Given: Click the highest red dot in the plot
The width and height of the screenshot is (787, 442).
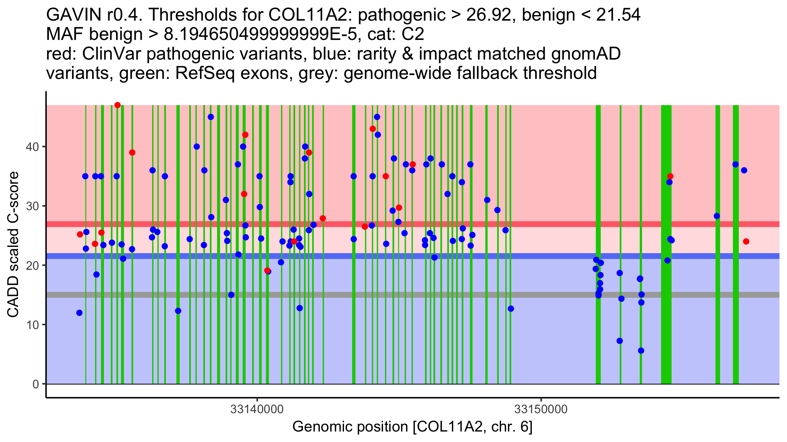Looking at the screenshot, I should [117, 105].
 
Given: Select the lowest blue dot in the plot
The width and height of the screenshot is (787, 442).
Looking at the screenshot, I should [641, 351].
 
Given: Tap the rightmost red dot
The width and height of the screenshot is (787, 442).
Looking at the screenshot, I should [746, 242].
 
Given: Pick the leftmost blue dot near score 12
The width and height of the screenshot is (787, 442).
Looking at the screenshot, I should [79, 313].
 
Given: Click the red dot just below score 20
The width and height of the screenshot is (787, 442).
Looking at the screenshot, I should [267, 270].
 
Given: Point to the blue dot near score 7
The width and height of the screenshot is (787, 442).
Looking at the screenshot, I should [619, 341].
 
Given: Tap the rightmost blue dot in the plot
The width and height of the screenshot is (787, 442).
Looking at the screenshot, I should [744, 170].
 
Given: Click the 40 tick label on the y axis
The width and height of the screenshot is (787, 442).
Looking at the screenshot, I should [32, 147].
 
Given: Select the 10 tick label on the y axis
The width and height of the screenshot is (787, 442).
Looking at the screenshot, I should [32, 325].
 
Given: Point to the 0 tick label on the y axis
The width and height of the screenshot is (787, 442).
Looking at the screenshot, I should [35, 384].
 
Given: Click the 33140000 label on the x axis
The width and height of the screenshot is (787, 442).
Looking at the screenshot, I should [257, 409].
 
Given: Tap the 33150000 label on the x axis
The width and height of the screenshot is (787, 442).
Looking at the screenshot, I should [541, 409].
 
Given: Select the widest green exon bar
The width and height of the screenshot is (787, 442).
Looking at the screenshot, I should [666, 244].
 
